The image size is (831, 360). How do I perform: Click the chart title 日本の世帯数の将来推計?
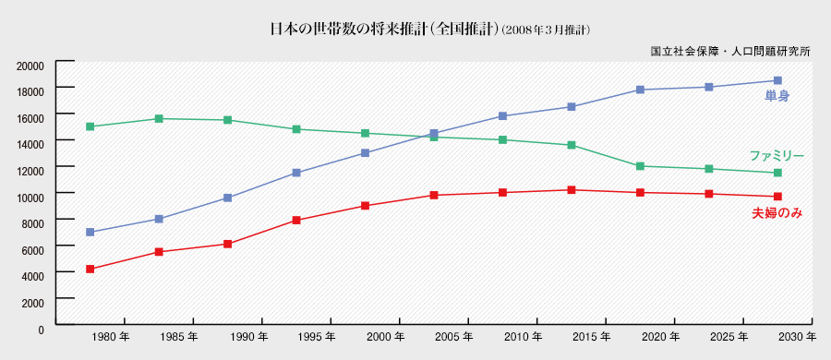point(382,29)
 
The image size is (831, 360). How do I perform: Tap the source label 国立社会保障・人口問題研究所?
point(730,52)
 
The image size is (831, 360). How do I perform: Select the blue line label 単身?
point(777,95)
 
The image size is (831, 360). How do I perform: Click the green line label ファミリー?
point(777,156)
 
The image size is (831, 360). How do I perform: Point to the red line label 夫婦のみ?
point(776,213)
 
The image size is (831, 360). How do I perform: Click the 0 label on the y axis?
point(41,328)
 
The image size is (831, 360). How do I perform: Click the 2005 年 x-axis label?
point(453,336)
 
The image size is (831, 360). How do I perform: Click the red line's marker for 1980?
point(90,269)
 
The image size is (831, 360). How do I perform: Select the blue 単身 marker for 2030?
point(777,80)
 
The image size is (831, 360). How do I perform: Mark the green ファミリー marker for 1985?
point(159,118)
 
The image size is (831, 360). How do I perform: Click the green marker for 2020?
point(640,166)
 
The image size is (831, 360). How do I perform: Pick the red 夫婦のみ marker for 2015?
point(572,190)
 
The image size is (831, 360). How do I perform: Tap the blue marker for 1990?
point(227,198)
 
